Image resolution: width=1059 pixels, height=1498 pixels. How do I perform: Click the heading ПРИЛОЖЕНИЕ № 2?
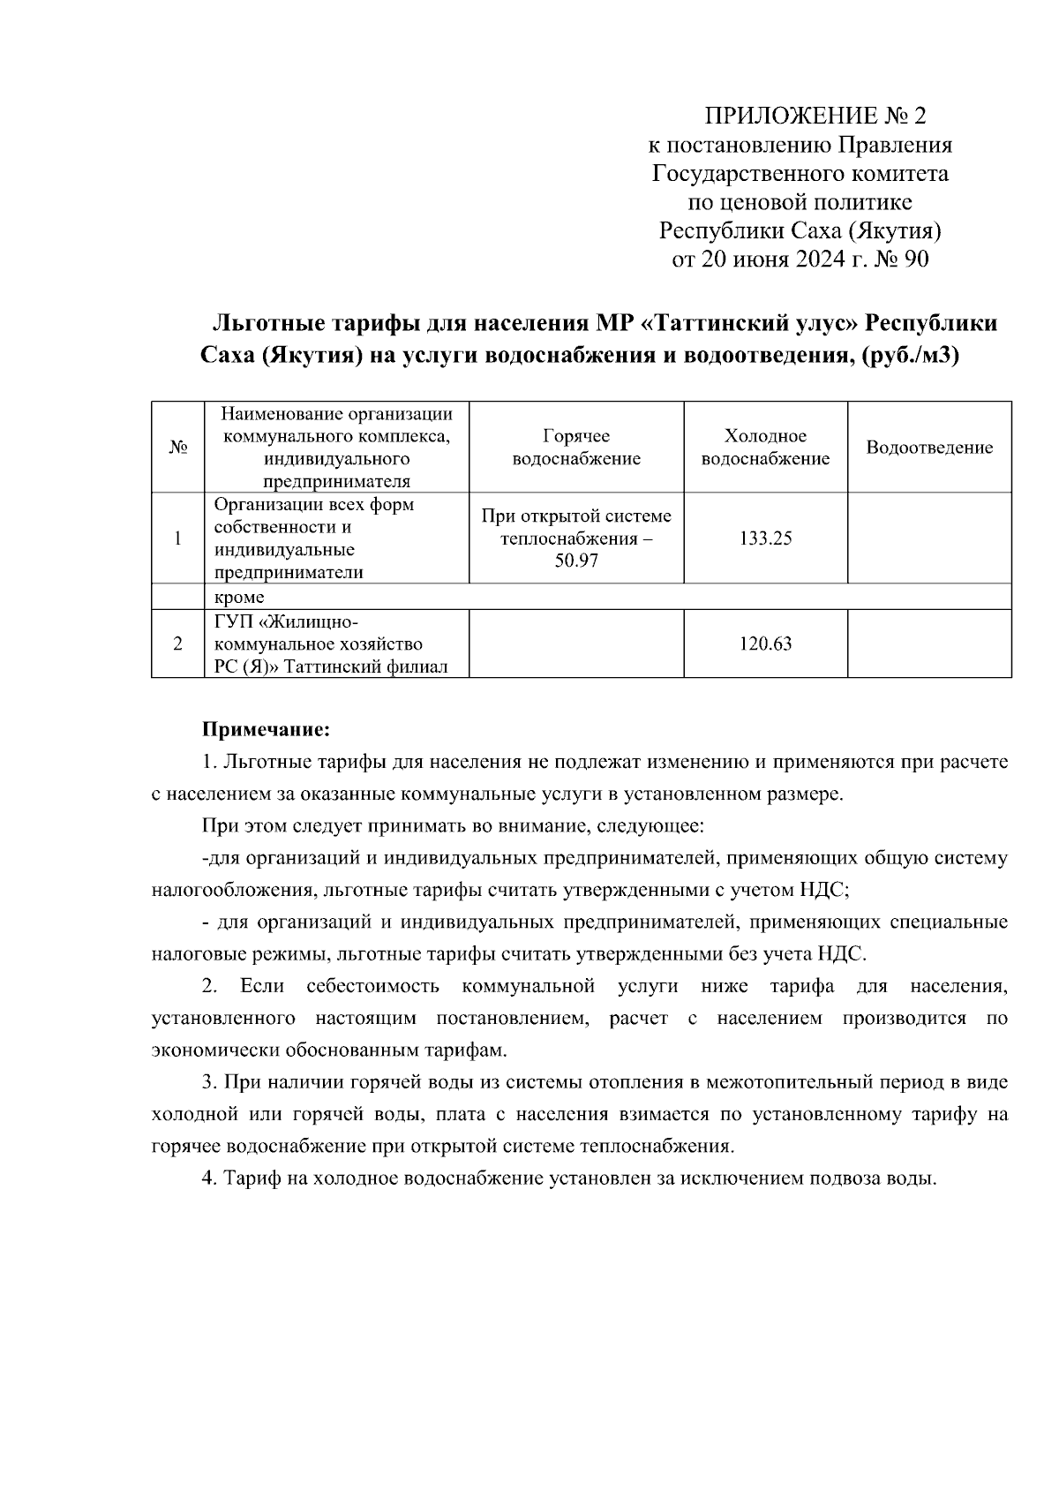pyautogui.click(x=815, y=116)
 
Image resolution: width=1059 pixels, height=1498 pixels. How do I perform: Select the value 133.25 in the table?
pyautogui.click(x=765, y=538)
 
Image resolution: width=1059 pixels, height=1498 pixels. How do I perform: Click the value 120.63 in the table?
pyautogui.click(x=765, y=644)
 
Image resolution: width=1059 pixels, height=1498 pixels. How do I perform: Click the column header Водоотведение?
pyautogui.click(x=929, y=448)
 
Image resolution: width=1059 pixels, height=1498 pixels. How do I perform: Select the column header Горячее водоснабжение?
pyautogui.click(x=576, y=448)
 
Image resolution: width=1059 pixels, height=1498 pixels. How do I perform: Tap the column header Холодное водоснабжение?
pyautogui.click(x=765, y=448)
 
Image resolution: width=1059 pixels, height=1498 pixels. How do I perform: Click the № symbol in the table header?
pyautogui.click(x=177, y=448)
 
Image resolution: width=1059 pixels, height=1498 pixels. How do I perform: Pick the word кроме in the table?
pyautogui.click(x=239, y=598)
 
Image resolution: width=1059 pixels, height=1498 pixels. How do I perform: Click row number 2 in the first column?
pyautogui.click(x=177, y=644)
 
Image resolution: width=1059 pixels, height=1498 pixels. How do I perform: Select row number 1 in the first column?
pyautogui.click(x=177, y=538)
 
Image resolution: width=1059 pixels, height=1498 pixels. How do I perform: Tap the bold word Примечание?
pyautogui.click(x=267, y=730)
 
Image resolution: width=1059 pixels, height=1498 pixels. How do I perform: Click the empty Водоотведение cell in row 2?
pyautogui.click(x=929, y=644)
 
